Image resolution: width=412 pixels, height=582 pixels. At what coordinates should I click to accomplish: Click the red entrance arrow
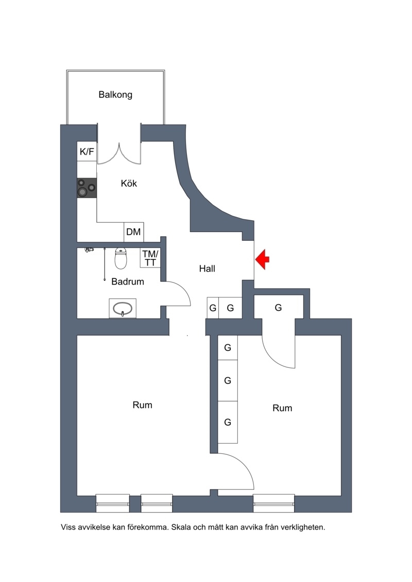tap(262, 259)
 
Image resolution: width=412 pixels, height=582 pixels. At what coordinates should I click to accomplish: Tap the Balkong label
tap(115, 95)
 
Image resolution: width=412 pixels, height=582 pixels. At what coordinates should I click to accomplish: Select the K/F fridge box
tap(87, 151)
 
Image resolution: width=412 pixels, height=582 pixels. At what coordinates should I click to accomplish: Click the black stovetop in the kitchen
tap(87, 188)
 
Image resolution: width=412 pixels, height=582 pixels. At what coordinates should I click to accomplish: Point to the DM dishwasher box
tap(134, 232)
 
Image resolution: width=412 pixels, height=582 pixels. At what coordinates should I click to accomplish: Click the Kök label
tap(129, 183)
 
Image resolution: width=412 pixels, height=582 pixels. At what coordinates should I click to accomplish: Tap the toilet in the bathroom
tap(121, 258)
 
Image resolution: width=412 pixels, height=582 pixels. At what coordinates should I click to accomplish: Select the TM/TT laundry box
tap(150, 258)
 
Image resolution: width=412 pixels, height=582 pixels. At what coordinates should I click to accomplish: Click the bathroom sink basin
tap(123, 308)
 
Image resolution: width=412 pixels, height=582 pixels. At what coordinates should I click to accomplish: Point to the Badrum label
tap(127, 281)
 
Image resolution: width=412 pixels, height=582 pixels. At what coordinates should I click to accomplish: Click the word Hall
tap(207, 269)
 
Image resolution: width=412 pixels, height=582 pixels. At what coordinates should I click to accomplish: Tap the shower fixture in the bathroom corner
tap(89, 250)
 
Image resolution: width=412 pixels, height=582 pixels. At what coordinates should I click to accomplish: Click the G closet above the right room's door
tap(278, 307)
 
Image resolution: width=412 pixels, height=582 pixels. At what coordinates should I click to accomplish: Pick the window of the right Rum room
tap(274, 503)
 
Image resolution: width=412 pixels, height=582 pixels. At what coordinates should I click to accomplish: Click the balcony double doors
tap(119, 152)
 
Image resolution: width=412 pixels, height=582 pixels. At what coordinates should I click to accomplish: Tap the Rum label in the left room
tap(142, 405)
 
